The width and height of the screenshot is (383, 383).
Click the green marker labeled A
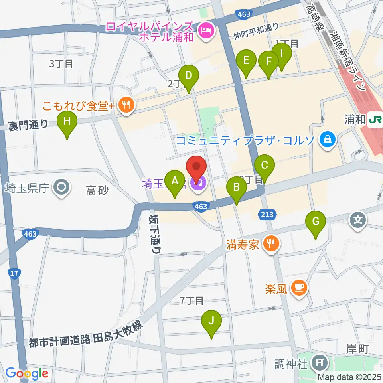(174, 182)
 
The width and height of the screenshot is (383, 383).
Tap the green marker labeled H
(67, 122)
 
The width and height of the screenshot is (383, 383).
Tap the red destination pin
(197, 168)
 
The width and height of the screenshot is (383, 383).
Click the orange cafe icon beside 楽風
(299, 287)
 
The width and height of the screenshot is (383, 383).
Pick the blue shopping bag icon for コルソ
(327, 140)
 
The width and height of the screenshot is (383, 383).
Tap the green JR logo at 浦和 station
(375, 120)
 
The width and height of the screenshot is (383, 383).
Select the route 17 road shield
(14, 274)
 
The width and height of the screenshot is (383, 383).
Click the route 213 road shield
(267, 215)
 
